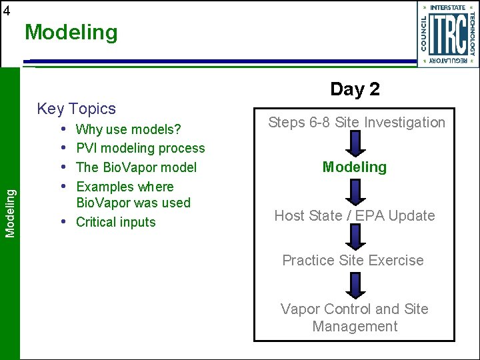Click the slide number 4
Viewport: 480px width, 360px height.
click(6, 10)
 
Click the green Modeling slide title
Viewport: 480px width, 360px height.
click(71, 32)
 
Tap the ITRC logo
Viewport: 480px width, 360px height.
click(447, 34)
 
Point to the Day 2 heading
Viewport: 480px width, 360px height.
click(355, 89)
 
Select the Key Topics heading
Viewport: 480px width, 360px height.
click(76, 109)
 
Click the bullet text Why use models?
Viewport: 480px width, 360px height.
click(129, 129)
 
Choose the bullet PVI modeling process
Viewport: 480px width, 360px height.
click(141, 148)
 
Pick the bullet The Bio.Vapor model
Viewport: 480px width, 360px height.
click(137, 167)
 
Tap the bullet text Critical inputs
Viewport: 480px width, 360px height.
click(116, 222)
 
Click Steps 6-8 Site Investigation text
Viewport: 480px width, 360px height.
click(356, 122)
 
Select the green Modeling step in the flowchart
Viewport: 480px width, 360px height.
click(354, 167)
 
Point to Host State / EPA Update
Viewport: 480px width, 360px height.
click(354, 215)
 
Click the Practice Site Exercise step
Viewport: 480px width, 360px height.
click(353, 260)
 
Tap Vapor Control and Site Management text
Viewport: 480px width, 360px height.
click(354, 317)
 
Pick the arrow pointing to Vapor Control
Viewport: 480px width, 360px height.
click(355, 285)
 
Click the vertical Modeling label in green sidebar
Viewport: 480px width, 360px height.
click(10, 212)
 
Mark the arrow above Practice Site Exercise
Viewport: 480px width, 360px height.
click(355, 237)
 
